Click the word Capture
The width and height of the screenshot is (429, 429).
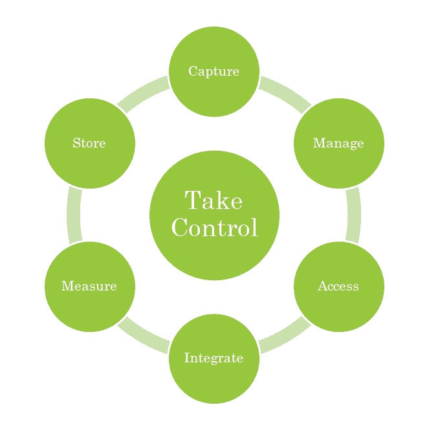[x=214, y=71]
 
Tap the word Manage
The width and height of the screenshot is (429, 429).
[x=338, y=143]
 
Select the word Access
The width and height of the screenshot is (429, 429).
[x=338, y=286]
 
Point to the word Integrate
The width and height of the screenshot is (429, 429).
[x=214, y=358]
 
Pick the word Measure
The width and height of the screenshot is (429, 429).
[x=89, y=286]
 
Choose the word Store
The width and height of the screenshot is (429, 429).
[x=89, y=143]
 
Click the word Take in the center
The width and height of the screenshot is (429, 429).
[x=214, y=201]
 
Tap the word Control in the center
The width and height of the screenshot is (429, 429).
[x=214, y=228]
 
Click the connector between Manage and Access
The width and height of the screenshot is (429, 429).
[x=353, y=215]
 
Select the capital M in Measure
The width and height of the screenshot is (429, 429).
[x=67, y=286]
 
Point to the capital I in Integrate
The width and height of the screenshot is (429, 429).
[x=187, y=358]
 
